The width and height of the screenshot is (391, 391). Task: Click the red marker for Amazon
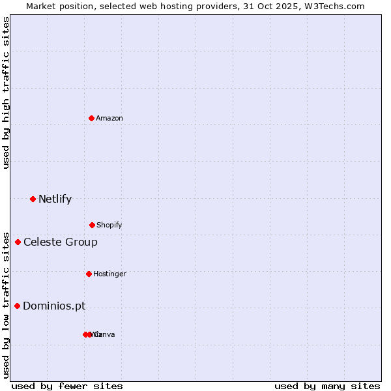tap(91, 118)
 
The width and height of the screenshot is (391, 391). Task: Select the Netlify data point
tap(33, 199)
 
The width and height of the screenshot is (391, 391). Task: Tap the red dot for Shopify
tap(92, 225)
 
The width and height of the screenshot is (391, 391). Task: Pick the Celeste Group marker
tap(18, 242)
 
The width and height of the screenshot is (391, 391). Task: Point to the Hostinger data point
tap(89, 274)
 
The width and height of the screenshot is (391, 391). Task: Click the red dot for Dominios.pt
tap(17, 306)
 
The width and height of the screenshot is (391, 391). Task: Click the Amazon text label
tap(109, 118)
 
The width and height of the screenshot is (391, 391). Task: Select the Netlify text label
tap(55, 199)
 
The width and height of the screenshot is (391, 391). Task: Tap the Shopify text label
tap(109, 225)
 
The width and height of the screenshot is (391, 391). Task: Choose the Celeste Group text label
tap(61, 242)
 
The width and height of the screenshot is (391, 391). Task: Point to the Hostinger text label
tap(109, 274)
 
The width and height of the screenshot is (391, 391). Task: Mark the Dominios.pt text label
tap(54, 306)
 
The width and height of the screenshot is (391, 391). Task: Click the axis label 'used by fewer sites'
tap(67, 386)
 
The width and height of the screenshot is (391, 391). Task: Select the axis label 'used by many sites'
tap(327, 386)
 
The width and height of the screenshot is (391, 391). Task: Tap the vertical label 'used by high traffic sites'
tap(7, 93)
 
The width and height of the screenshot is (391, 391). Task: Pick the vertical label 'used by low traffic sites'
tap(7, 304)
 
